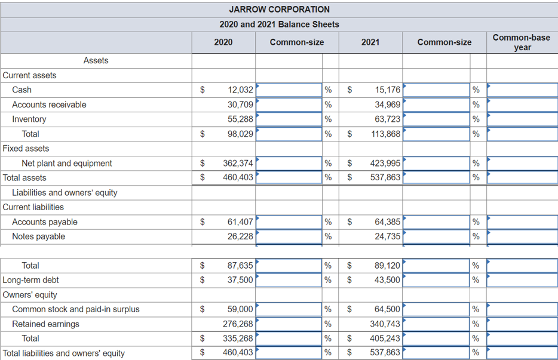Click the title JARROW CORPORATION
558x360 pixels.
click(x=279, y=9)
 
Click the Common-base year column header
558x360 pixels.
click(x=522, y=42)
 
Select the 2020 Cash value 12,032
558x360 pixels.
click(x=240, y=90)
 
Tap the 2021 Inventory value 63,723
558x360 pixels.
click(x=387, y=119)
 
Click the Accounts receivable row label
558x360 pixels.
click(x=49, y=104)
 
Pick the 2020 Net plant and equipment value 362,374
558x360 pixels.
click(x=237, y=164)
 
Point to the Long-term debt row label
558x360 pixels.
click(x=31, y=280)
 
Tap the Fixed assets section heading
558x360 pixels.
click(x=26, y=149)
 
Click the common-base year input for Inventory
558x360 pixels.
click(x=522, y=119)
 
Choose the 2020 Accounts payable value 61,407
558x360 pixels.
click(x=240, y=222)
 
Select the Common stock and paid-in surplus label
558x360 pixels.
click(x=76, y=309)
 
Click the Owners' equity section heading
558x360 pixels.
click(x=30, y=295)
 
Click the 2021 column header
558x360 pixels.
click(x=370, y=42)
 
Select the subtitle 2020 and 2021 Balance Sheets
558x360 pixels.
click(x=279, y=24)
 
